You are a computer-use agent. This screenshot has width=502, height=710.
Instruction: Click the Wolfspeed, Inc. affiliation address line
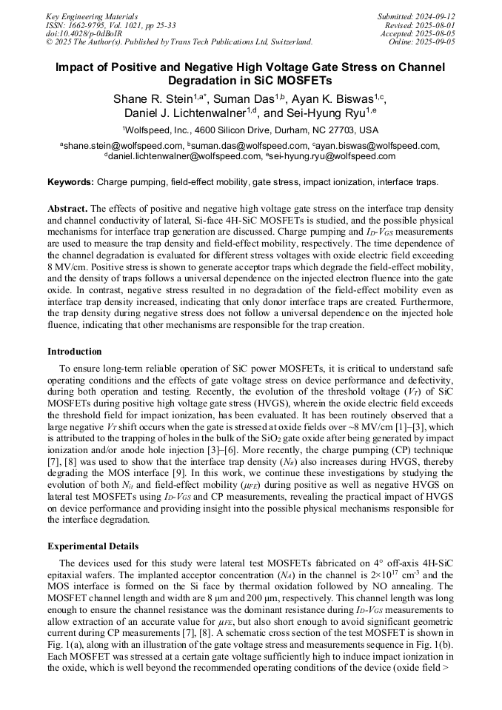pos(251,129)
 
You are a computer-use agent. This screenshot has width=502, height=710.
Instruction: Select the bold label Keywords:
pos(71,182)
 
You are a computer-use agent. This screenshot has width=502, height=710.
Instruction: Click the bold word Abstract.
pos(67,210)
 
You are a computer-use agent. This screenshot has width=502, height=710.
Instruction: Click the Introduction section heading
pos(75,352)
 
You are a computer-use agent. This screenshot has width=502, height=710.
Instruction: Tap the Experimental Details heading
pos(93,546)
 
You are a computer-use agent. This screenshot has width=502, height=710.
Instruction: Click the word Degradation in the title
pos(211,81)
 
